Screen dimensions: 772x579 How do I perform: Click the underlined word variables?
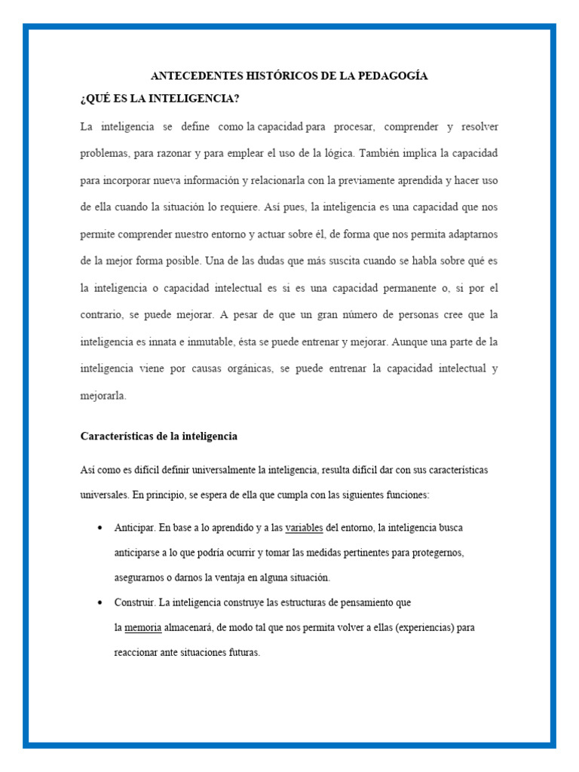pos(304,527)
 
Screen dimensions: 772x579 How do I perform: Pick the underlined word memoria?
pos(142,627)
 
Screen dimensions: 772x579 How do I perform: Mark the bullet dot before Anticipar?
pos(100,528)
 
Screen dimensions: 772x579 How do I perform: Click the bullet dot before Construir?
pos(100,603)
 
